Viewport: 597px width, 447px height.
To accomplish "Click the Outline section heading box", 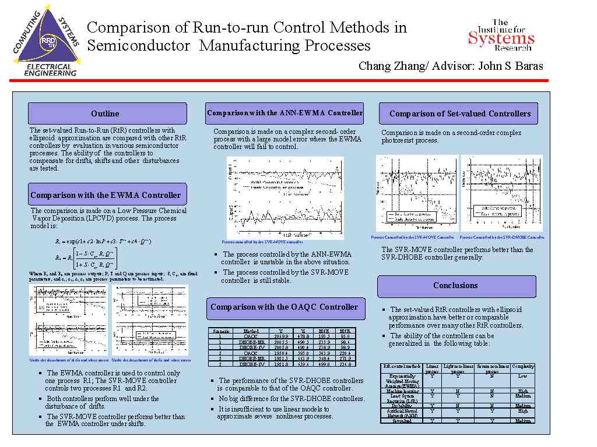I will pos(107,113).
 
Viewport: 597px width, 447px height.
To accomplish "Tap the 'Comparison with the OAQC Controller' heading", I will pos(284,307).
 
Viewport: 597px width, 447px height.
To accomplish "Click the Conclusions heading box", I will pos(456,286).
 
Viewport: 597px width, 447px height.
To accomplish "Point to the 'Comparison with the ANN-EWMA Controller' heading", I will pos(285,113).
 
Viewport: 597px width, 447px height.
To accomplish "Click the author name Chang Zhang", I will pos(393,66).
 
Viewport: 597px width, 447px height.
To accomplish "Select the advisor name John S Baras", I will pos(510,66).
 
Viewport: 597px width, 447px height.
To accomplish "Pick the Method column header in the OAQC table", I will pos(251,331).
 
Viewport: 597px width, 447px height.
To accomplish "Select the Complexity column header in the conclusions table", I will pos(523,367).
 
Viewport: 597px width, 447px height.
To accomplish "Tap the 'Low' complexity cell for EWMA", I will pos(523,376).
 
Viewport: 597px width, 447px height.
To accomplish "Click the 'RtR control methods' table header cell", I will pos(402,367).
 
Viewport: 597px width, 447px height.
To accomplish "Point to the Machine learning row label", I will pos(402,391).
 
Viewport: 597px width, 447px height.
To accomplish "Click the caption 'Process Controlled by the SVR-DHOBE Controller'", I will pos(502,237).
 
